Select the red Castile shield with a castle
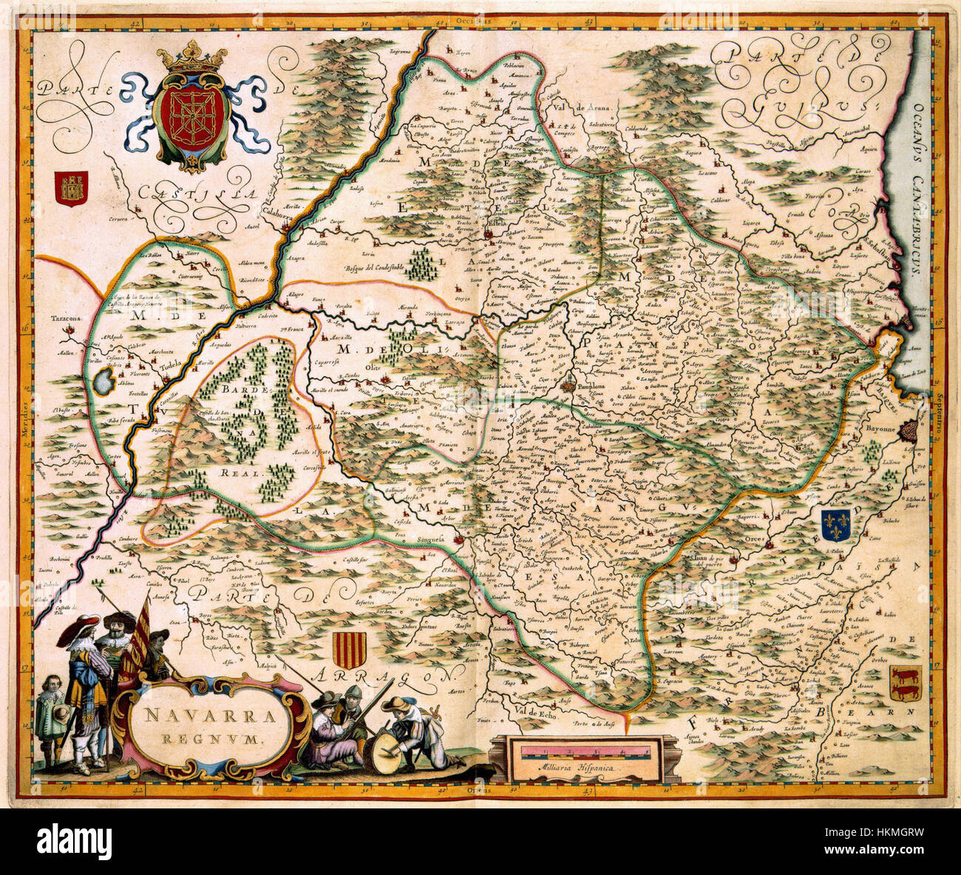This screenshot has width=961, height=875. coord(72,189)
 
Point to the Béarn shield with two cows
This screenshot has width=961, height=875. coord(905,683)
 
